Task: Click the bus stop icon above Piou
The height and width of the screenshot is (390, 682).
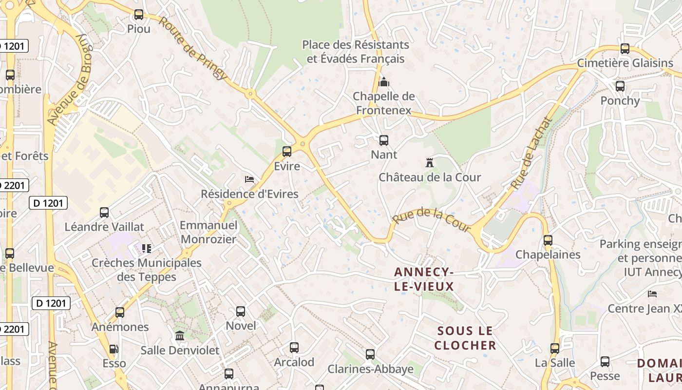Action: [139, 15]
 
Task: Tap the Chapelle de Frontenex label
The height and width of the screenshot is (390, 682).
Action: [384, 103]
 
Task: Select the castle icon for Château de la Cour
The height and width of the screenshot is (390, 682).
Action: [429, 163]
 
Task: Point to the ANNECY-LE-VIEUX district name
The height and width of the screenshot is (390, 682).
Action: [424, 279]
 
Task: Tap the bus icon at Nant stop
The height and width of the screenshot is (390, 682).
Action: [384, 140]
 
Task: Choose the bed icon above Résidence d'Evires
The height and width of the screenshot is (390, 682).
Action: [249, 179]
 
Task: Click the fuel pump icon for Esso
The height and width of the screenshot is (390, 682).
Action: [114, 349]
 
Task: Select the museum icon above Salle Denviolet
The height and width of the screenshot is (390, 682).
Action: [180, 336]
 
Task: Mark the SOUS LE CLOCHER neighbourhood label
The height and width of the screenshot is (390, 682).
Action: [465, 338]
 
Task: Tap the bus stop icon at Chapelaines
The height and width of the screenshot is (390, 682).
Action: [548, 240]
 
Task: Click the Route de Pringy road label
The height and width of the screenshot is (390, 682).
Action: [193, 49]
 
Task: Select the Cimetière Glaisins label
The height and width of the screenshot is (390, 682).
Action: [625, 63]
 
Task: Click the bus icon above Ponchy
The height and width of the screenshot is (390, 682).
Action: [620, 86]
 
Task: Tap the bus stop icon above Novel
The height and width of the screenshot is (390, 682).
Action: [241, 312]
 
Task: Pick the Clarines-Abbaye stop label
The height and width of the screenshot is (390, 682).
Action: [370, 369]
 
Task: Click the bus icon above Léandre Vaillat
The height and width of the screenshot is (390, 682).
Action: [104, 213]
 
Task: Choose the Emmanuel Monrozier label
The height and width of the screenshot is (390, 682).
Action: [208, 232]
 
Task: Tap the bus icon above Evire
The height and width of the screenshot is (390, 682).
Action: [287, 152]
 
